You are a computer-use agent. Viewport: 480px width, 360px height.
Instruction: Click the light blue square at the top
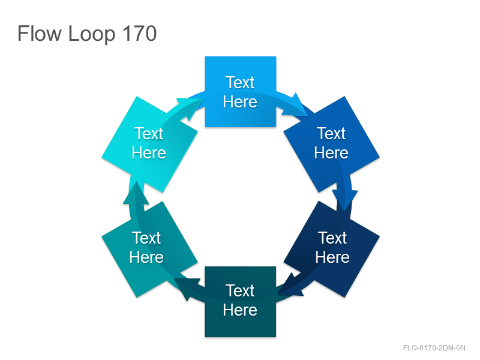pos(241,92)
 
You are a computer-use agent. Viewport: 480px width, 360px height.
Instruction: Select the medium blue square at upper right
pos(332,144)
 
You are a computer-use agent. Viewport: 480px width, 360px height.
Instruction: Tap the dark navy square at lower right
pos(332,249)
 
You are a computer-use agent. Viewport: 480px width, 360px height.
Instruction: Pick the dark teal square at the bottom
pos(241,302)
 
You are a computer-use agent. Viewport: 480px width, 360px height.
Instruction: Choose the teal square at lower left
pos(149,249)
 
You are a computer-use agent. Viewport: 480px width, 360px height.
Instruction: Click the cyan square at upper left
pos(149,144)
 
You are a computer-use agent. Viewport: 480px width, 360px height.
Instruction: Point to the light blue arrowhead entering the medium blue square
pos(295,106)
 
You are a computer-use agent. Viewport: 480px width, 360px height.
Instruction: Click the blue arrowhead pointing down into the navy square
pos(344,199)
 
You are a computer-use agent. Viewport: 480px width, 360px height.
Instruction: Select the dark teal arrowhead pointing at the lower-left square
pos(187,287)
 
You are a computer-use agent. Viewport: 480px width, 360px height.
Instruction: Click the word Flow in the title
pos(40,34)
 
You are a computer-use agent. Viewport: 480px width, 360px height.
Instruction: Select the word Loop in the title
pos(92,34)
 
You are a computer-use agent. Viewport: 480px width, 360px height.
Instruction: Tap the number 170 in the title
pos(140,34)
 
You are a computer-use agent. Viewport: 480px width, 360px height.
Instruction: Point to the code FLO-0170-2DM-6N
pos(434,348)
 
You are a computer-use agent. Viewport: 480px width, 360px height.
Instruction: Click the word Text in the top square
pos(240,82)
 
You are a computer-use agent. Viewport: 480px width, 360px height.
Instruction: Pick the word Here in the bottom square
pos(240,310)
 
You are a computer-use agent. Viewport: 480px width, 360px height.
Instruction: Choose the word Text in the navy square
pos(332,238)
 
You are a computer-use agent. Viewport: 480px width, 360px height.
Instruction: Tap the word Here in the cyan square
pos(149,152)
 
